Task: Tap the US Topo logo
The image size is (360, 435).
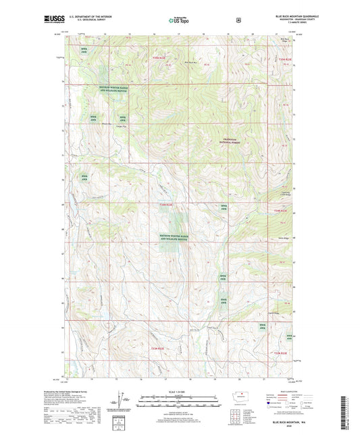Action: point(180,20)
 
